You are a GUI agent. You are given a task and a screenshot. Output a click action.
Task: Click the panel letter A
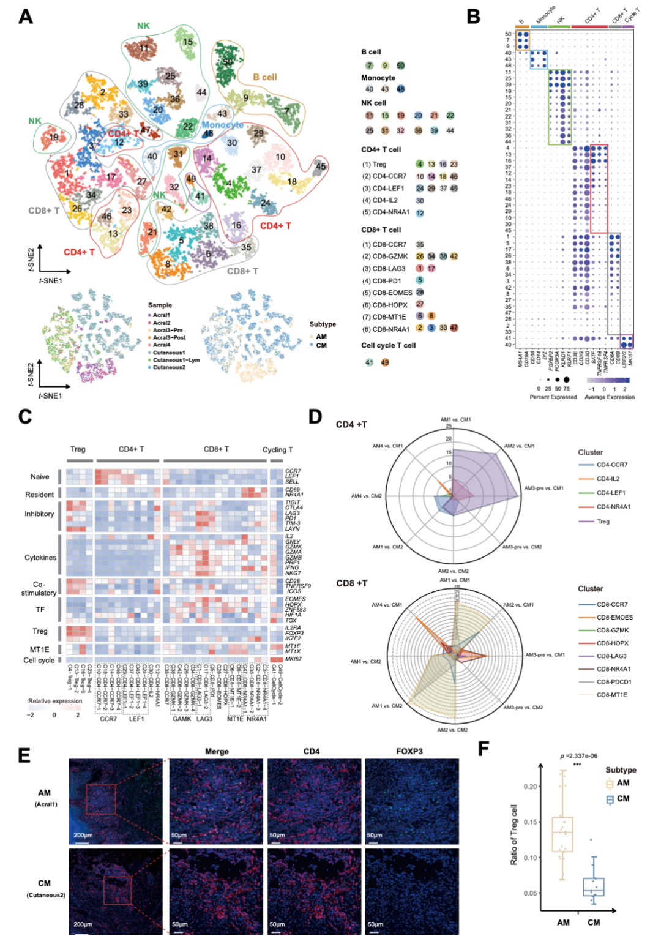26,17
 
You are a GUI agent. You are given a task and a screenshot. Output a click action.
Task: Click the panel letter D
315,417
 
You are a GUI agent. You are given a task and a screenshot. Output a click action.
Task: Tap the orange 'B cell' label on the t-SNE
265,77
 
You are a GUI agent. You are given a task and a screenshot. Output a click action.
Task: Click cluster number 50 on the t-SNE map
228,62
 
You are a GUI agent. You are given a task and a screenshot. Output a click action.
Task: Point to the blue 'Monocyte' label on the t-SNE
223,125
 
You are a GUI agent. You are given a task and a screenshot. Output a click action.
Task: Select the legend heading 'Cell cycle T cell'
388,345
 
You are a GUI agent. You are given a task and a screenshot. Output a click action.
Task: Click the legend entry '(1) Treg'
374,164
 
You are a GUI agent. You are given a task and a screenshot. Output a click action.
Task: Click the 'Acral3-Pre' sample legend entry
167,330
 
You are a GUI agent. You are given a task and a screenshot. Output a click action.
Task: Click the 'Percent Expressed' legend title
553,397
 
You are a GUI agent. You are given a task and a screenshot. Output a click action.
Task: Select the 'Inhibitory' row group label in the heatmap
39,514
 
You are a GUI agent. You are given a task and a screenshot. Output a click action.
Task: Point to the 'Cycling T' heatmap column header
277,449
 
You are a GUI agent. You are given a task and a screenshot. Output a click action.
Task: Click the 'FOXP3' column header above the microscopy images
409,751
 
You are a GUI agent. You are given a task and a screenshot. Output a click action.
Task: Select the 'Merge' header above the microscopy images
217,751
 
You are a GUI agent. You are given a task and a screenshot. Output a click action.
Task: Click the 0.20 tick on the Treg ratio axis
531,787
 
